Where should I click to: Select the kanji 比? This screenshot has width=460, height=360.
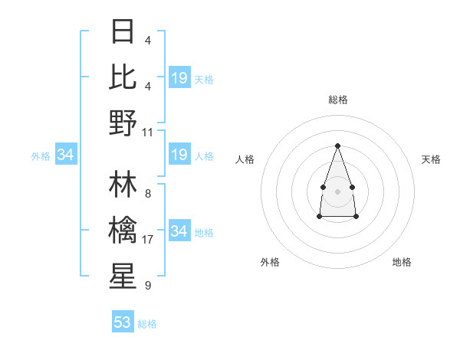click(123, 77)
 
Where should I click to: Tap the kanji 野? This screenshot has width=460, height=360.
click(123, 123)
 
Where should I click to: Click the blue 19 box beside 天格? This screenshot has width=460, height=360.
click(179, 77)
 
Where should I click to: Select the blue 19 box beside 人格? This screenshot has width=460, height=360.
click(179, 155)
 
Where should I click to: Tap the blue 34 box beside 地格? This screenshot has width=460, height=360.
click(179, 231)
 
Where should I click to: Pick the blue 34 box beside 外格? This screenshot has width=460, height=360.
click(66, 155)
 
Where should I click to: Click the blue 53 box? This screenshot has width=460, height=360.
click(123, 322)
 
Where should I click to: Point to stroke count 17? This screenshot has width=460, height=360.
click(148, 240)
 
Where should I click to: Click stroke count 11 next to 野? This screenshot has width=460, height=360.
click(148, 132)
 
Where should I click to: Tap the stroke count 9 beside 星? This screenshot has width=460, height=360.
click(148, 286)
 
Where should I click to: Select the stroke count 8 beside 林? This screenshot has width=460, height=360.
click(148, 194)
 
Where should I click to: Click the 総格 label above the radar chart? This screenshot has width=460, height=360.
click(337, 100)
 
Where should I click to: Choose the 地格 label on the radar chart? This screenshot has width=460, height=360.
click(402, 262)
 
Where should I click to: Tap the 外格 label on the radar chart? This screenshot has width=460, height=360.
click(270, 262)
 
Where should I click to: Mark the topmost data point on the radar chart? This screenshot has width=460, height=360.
click(337, 146)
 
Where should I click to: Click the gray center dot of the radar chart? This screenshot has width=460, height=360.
click(337, 190)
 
